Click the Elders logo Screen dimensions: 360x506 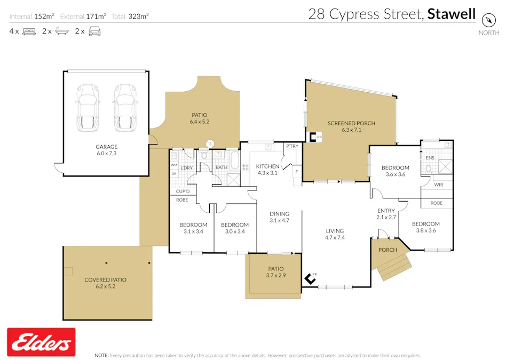pyautogui.click(x=41, y=342)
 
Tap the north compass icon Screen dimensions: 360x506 pyautogui.click(x=489, y=20)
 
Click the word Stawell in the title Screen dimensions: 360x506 pyautogui.click(x=451, y=14)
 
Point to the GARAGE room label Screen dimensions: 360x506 pyautogui.click(x=106, y=147)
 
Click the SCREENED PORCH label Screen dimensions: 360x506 pyautogui.click(x=351, y=123)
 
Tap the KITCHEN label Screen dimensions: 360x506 pyautogui.click(x=267, y=166)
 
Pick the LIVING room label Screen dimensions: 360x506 pyautogui.click(x=335, y=231)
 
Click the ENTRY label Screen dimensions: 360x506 pyautogui.click(x=385, y=211)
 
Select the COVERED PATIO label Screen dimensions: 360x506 pyautogui.click(x=105, y=279)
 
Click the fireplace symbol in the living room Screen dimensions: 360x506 pyautogui.click(x=309, y=278)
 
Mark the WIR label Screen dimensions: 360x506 pyautogui.click(x=439, y=185)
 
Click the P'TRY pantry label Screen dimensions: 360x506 pyautogui.click(x=292, y=146)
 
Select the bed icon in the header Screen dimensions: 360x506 pyautogui.click(x=29, y=31)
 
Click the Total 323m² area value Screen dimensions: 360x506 pyautogui.click(x=138, y=17)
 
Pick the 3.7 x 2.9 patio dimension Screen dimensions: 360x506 pyautogui.click(x=275, y=275)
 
